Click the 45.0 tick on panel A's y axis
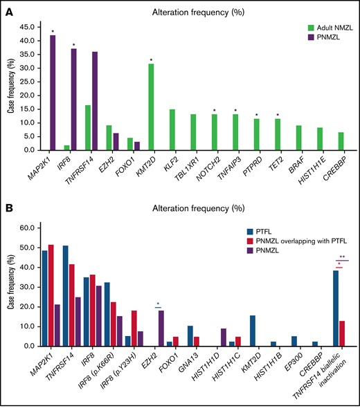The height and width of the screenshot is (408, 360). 34,28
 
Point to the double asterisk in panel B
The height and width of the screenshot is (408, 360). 341,257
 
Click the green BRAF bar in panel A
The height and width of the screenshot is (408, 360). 297,138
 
